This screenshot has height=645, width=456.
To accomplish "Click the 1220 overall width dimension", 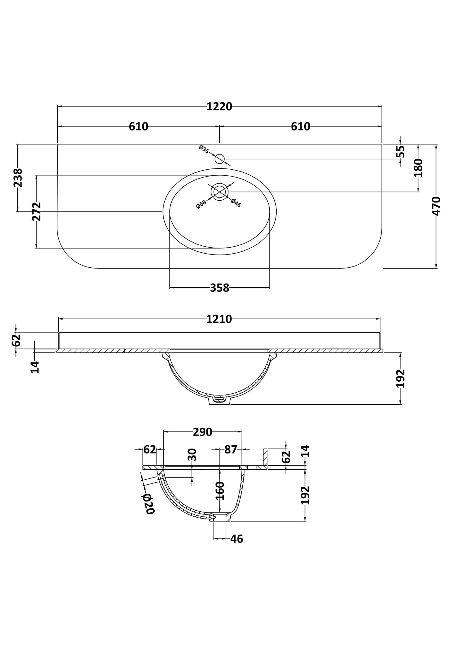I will click(219, 107).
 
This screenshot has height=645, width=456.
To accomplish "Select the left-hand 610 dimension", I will click(139, 126).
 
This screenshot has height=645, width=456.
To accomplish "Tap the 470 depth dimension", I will click(436, 206).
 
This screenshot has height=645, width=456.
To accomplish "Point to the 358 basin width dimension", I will click(220, 288).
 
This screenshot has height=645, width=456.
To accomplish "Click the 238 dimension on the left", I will click(18, 178).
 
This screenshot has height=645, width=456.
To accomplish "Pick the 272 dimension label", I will click(37, 211).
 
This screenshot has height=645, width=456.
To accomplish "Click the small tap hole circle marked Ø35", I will click(220, 159).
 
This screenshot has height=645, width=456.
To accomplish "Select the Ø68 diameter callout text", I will click(201, 204).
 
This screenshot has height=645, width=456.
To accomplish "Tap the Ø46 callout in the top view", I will click(236, 202).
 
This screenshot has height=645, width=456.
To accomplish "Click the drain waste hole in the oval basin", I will click(220, 192).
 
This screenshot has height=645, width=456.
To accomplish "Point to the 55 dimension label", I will click(400, 151).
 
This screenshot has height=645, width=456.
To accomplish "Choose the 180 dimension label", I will click(418, 168).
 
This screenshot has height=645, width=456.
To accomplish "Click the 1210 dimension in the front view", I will click(219, 319).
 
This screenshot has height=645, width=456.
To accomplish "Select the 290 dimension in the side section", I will click(203, 432).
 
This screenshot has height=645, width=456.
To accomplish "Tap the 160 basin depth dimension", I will click(220, 490).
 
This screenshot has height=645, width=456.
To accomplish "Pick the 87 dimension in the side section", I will click(231, 449).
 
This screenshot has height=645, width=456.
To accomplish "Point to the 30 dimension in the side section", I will click(192, 454).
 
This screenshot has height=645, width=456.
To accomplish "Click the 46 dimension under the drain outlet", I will click(237, 539).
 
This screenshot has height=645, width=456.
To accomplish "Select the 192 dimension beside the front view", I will click(400, 378).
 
